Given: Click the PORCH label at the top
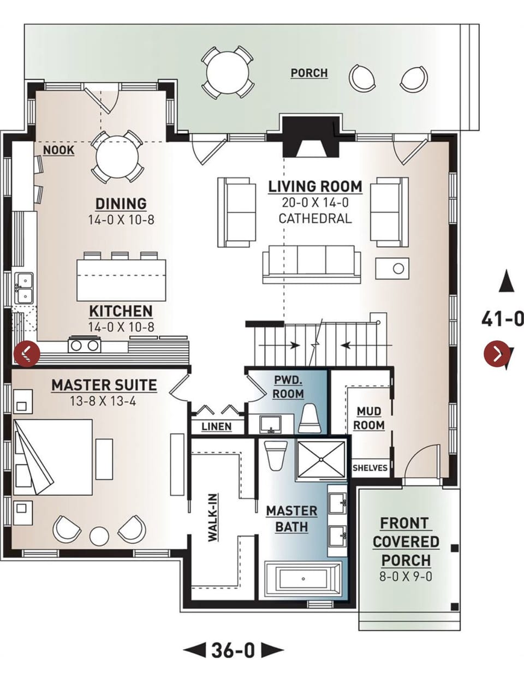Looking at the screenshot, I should coord(309,73).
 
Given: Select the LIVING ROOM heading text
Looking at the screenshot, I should coord(315,186).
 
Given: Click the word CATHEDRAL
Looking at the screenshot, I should coord(315,218).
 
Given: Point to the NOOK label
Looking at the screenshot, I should coord(58,150).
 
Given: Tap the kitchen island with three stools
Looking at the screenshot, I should coord(121,279).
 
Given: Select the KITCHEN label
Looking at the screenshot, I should coord(121,311).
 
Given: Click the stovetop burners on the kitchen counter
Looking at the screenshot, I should coord(84,345).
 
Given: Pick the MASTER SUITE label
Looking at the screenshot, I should coord(104,385).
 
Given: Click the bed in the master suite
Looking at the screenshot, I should coord(52,457).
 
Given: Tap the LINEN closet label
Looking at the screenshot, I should coord(216,426).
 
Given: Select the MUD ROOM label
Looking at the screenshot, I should coord(370,418).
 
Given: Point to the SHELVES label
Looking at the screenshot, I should coord(370,468).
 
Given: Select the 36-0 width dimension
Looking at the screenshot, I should coord(233,650).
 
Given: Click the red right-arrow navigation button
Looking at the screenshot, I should coord(497,354).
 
